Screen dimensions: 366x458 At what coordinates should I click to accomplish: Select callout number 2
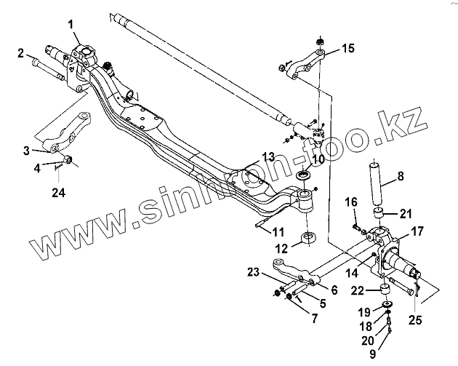21,52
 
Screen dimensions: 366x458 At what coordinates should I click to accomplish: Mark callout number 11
278,232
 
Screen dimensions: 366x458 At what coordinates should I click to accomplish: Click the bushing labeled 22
386,291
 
